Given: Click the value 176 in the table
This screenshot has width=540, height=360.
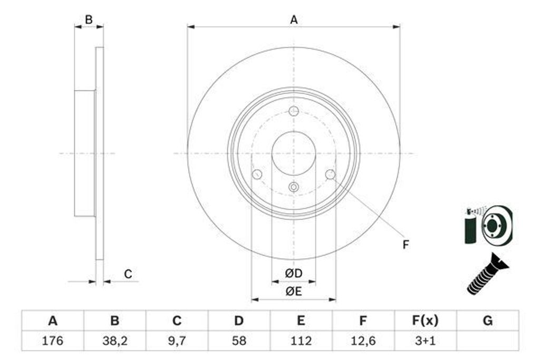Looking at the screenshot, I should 52,340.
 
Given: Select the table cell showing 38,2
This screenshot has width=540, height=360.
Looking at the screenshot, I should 114,340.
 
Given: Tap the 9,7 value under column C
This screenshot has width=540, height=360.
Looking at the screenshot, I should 177,340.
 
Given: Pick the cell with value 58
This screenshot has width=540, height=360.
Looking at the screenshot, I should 239,340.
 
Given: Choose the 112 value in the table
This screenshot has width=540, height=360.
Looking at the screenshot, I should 301,340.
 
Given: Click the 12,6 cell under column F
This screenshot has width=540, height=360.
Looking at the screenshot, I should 363,340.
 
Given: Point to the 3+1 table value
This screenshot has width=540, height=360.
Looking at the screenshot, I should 425,340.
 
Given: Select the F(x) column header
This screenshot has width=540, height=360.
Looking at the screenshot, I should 425,320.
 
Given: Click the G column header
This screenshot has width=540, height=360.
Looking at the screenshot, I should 487,320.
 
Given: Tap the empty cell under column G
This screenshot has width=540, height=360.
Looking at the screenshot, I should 487,340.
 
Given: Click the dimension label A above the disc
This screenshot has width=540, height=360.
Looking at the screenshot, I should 294,20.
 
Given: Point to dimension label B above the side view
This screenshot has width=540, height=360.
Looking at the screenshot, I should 89,20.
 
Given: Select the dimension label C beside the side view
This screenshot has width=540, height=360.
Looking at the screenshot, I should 128,274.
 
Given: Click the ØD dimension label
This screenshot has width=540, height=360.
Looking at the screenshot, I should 293,274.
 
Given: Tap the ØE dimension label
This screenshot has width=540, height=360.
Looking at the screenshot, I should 293,291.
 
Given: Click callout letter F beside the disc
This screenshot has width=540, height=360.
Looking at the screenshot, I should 406,245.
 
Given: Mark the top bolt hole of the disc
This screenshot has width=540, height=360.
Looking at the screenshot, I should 294,111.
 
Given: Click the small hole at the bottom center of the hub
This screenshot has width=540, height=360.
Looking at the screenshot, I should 294,187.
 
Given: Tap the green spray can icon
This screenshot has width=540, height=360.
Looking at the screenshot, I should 470,227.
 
